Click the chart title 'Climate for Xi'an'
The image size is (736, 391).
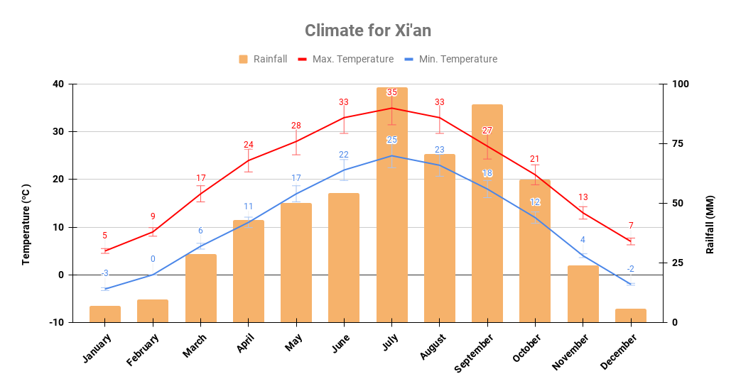coord(367,31)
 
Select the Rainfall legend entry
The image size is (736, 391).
coord(263,59)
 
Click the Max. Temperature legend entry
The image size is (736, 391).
coord(345,59)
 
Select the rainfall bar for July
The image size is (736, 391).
coord(391,206)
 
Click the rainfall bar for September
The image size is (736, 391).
coord(487,213)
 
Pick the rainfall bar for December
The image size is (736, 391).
coord(630,315)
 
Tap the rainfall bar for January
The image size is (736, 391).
coord(105,314)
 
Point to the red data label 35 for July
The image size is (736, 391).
coord(391,92)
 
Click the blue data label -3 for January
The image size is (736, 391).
coord(105,273)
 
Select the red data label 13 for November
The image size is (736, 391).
coord(583,197)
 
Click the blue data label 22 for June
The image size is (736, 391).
coord(344,155)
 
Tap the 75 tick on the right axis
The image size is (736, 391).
coord(678,143)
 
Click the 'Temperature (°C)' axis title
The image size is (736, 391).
coord(26,224)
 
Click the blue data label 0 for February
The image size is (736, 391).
coord(153,259)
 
